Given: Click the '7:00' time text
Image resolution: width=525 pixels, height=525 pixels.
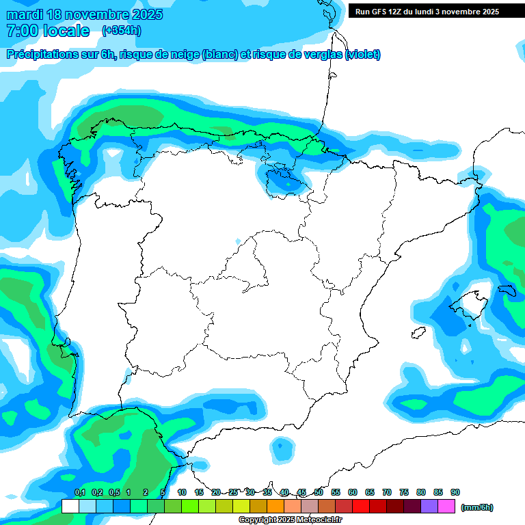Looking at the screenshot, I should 21,31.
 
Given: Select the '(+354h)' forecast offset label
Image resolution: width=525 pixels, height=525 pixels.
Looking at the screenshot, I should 121,31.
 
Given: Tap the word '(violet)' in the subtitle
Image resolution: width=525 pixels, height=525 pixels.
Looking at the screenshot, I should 363,55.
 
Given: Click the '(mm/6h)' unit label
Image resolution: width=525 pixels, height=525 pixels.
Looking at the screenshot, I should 477,507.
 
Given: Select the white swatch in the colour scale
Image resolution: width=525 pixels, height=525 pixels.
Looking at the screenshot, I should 70,507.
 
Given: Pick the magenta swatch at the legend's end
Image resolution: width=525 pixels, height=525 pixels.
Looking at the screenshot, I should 446,507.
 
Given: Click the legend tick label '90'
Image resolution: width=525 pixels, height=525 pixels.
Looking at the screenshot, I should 455,492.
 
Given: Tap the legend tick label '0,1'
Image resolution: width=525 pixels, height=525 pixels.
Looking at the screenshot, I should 79,492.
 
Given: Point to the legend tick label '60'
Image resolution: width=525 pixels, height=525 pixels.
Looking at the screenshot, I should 353,492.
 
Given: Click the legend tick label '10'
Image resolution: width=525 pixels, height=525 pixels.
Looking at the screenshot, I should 182,492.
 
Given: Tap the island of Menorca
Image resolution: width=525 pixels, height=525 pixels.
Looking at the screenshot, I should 507,290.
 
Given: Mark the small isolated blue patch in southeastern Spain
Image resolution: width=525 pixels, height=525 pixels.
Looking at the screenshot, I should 280,448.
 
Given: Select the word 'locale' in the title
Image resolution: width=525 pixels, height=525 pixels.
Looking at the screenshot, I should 66,31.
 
